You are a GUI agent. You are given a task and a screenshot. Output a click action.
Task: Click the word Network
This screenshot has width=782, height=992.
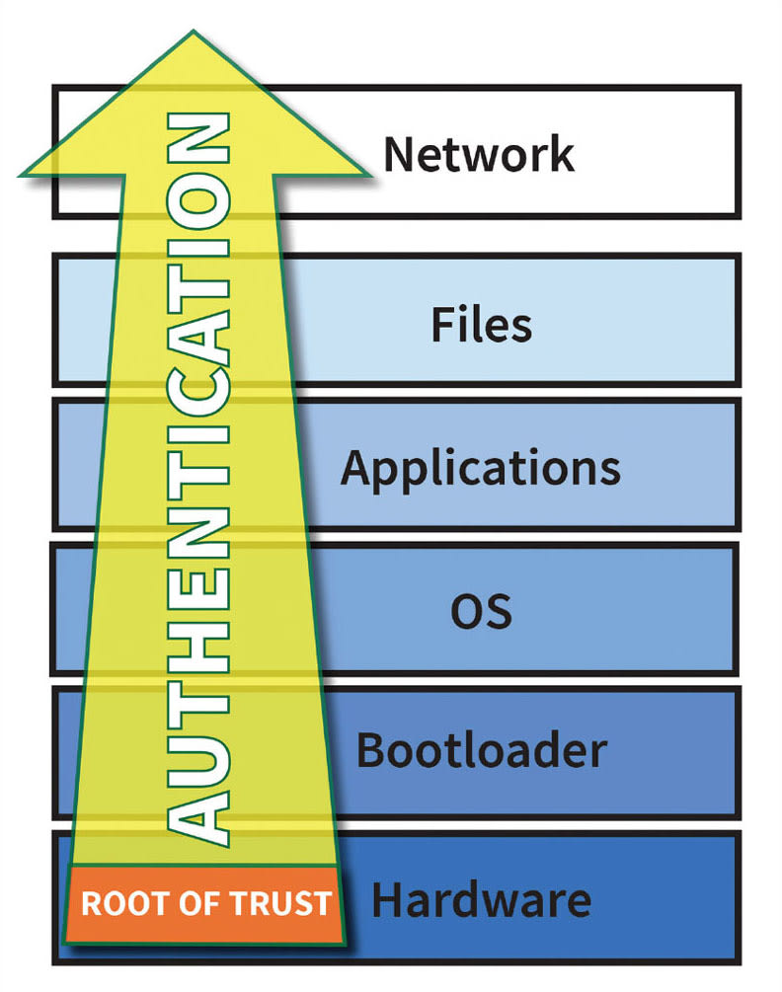point(478,155)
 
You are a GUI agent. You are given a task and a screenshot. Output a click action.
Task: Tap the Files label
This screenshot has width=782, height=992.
point(481,325)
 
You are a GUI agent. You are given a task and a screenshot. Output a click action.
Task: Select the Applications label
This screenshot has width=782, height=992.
point(481,468)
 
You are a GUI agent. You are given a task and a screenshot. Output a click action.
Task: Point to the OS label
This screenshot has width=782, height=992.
point(481,611)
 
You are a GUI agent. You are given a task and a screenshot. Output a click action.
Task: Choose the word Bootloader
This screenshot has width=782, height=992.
point(481,751)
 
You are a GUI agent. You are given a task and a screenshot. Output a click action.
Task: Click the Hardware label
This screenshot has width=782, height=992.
point(481,900)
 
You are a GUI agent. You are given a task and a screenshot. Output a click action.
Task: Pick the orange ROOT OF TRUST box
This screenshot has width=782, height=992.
point(205,902)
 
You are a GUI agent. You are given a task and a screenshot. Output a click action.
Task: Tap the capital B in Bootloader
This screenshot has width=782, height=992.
point(371,751)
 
